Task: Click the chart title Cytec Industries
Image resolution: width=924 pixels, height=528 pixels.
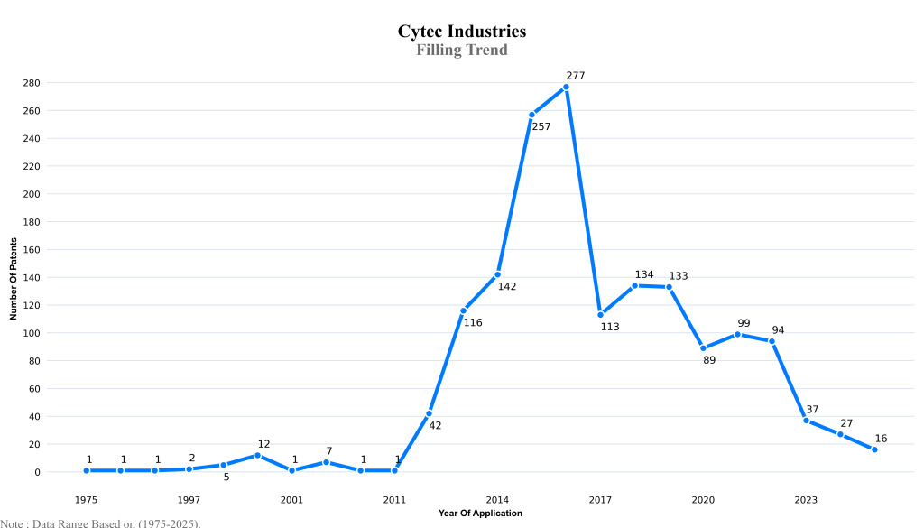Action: point(462,32)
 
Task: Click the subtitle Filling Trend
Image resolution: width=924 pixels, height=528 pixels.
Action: point(462,51)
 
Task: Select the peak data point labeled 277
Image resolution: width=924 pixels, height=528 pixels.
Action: point(566,87)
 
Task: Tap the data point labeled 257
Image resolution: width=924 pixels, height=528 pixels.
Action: point(531,115)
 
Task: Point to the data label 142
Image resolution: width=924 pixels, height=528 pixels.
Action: point(506,286)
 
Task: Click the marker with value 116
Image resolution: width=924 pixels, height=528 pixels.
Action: point(463,310)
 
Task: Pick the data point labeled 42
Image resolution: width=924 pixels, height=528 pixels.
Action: point(429,413)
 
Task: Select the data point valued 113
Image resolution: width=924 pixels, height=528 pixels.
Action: point(600,315)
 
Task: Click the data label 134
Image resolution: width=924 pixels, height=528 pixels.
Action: point(643,274)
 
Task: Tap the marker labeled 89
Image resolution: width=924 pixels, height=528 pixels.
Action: point(703,348)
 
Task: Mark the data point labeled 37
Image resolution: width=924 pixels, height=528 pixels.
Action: point(806,421)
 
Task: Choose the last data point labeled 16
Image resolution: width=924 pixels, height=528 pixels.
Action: point(874,449)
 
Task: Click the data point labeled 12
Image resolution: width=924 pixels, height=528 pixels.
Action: point(257,455)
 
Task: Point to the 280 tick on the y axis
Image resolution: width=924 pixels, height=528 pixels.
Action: point(32,83)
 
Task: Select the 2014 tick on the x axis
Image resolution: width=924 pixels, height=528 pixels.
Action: point(497,499)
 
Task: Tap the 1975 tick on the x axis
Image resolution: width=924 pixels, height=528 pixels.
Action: point(87,499)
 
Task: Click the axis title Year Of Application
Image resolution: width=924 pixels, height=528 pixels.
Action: point(480,514)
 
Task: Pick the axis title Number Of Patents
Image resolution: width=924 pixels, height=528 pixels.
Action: point(14,278)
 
